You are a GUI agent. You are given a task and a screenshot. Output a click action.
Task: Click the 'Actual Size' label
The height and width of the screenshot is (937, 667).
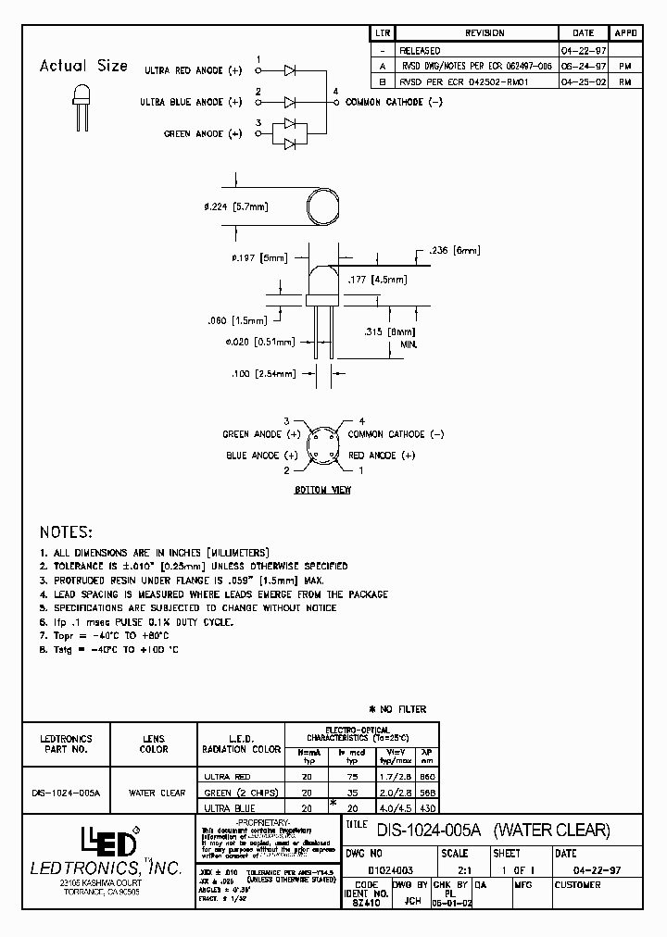click(x=83, y=66)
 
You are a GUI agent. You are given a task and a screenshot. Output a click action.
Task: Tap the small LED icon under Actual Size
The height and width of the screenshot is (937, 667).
click(x=80, y=101)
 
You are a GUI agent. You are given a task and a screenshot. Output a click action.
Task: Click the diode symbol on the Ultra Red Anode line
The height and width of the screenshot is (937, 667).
click(x=290, y=69)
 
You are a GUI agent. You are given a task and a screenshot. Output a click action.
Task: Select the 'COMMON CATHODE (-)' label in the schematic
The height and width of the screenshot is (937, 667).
click(x=394, y=102)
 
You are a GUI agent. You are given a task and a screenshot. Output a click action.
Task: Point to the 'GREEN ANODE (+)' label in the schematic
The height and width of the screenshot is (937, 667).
click(x=203, y=134)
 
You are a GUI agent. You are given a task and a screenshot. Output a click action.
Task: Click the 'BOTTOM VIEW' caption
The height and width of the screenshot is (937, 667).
click(x=322, y=490)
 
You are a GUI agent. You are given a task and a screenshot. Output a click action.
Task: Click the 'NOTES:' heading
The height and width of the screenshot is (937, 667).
click(x=66, y=532)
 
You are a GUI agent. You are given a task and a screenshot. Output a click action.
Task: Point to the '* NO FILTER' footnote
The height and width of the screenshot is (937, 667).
click(x=397, y=709)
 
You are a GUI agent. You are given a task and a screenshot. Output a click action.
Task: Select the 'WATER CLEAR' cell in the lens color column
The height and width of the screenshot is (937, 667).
click(x=157, y=793)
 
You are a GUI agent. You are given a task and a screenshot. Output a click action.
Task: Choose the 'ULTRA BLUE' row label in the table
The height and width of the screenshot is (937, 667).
click(x=226, y=808)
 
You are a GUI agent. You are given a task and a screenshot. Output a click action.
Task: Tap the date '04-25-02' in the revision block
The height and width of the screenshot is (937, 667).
click(x=579, y=81)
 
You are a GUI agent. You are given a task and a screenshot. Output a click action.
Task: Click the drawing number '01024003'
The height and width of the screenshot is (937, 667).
click(x=392, y=870)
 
